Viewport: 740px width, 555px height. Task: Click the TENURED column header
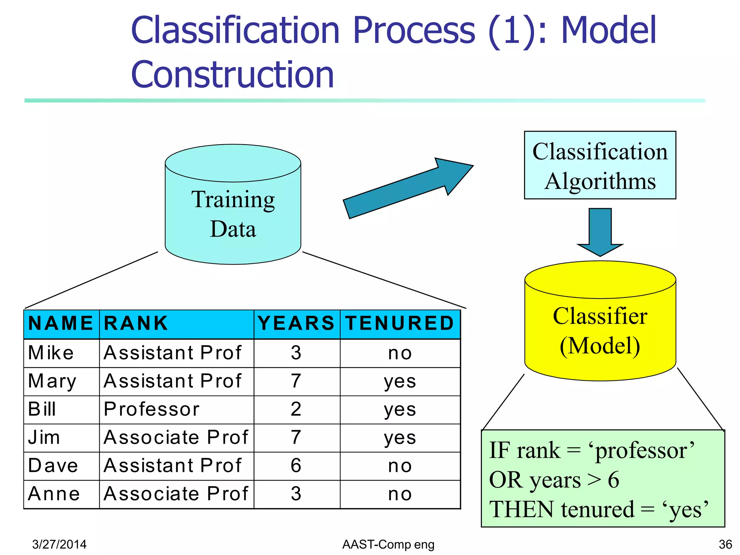click(400, 323)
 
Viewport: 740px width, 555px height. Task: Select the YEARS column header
click(296, 323)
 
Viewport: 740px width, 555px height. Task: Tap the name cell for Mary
click(53, 381)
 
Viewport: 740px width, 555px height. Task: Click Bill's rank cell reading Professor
click(152, 409)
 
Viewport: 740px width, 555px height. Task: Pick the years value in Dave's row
click(296, 466)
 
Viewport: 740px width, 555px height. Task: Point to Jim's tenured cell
click(400, 438)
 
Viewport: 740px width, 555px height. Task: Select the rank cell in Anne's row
click(176, 494)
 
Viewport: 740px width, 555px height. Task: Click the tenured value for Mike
click(400, 353)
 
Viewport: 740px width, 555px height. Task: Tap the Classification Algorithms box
click(600, 165)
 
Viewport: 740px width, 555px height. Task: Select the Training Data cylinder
click(233, 213)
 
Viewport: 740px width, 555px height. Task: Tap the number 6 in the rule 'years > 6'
click(614, 480)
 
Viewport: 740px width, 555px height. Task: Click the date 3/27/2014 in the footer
click(59, 544)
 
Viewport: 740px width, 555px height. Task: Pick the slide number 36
click(725, 544)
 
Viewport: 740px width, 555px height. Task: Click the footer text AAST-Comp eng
click(388, 544)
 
